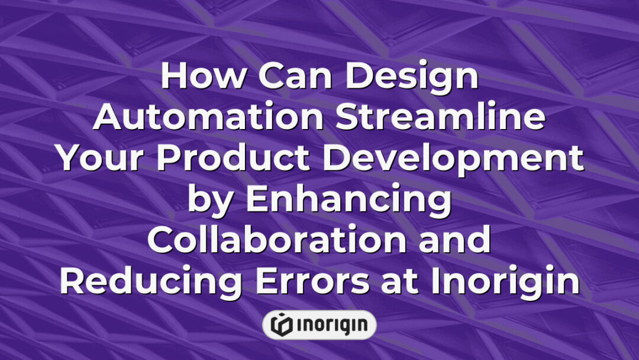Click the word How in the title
pos(198,78)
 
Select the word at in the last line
pos(404,282)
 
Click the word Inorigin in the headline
pos(504,283)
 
